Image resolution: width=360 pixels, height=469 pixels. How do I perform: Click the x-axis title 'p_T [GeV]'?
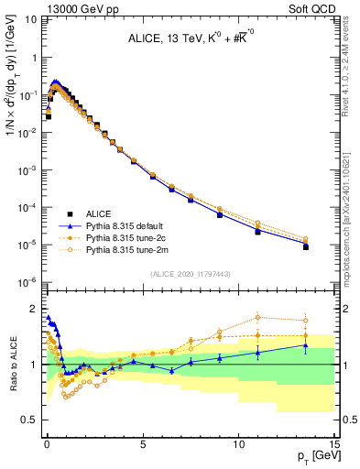coord(313,456)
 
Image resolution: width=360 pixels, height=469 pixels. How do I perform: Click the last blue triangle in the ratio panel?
coord(305,345)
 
